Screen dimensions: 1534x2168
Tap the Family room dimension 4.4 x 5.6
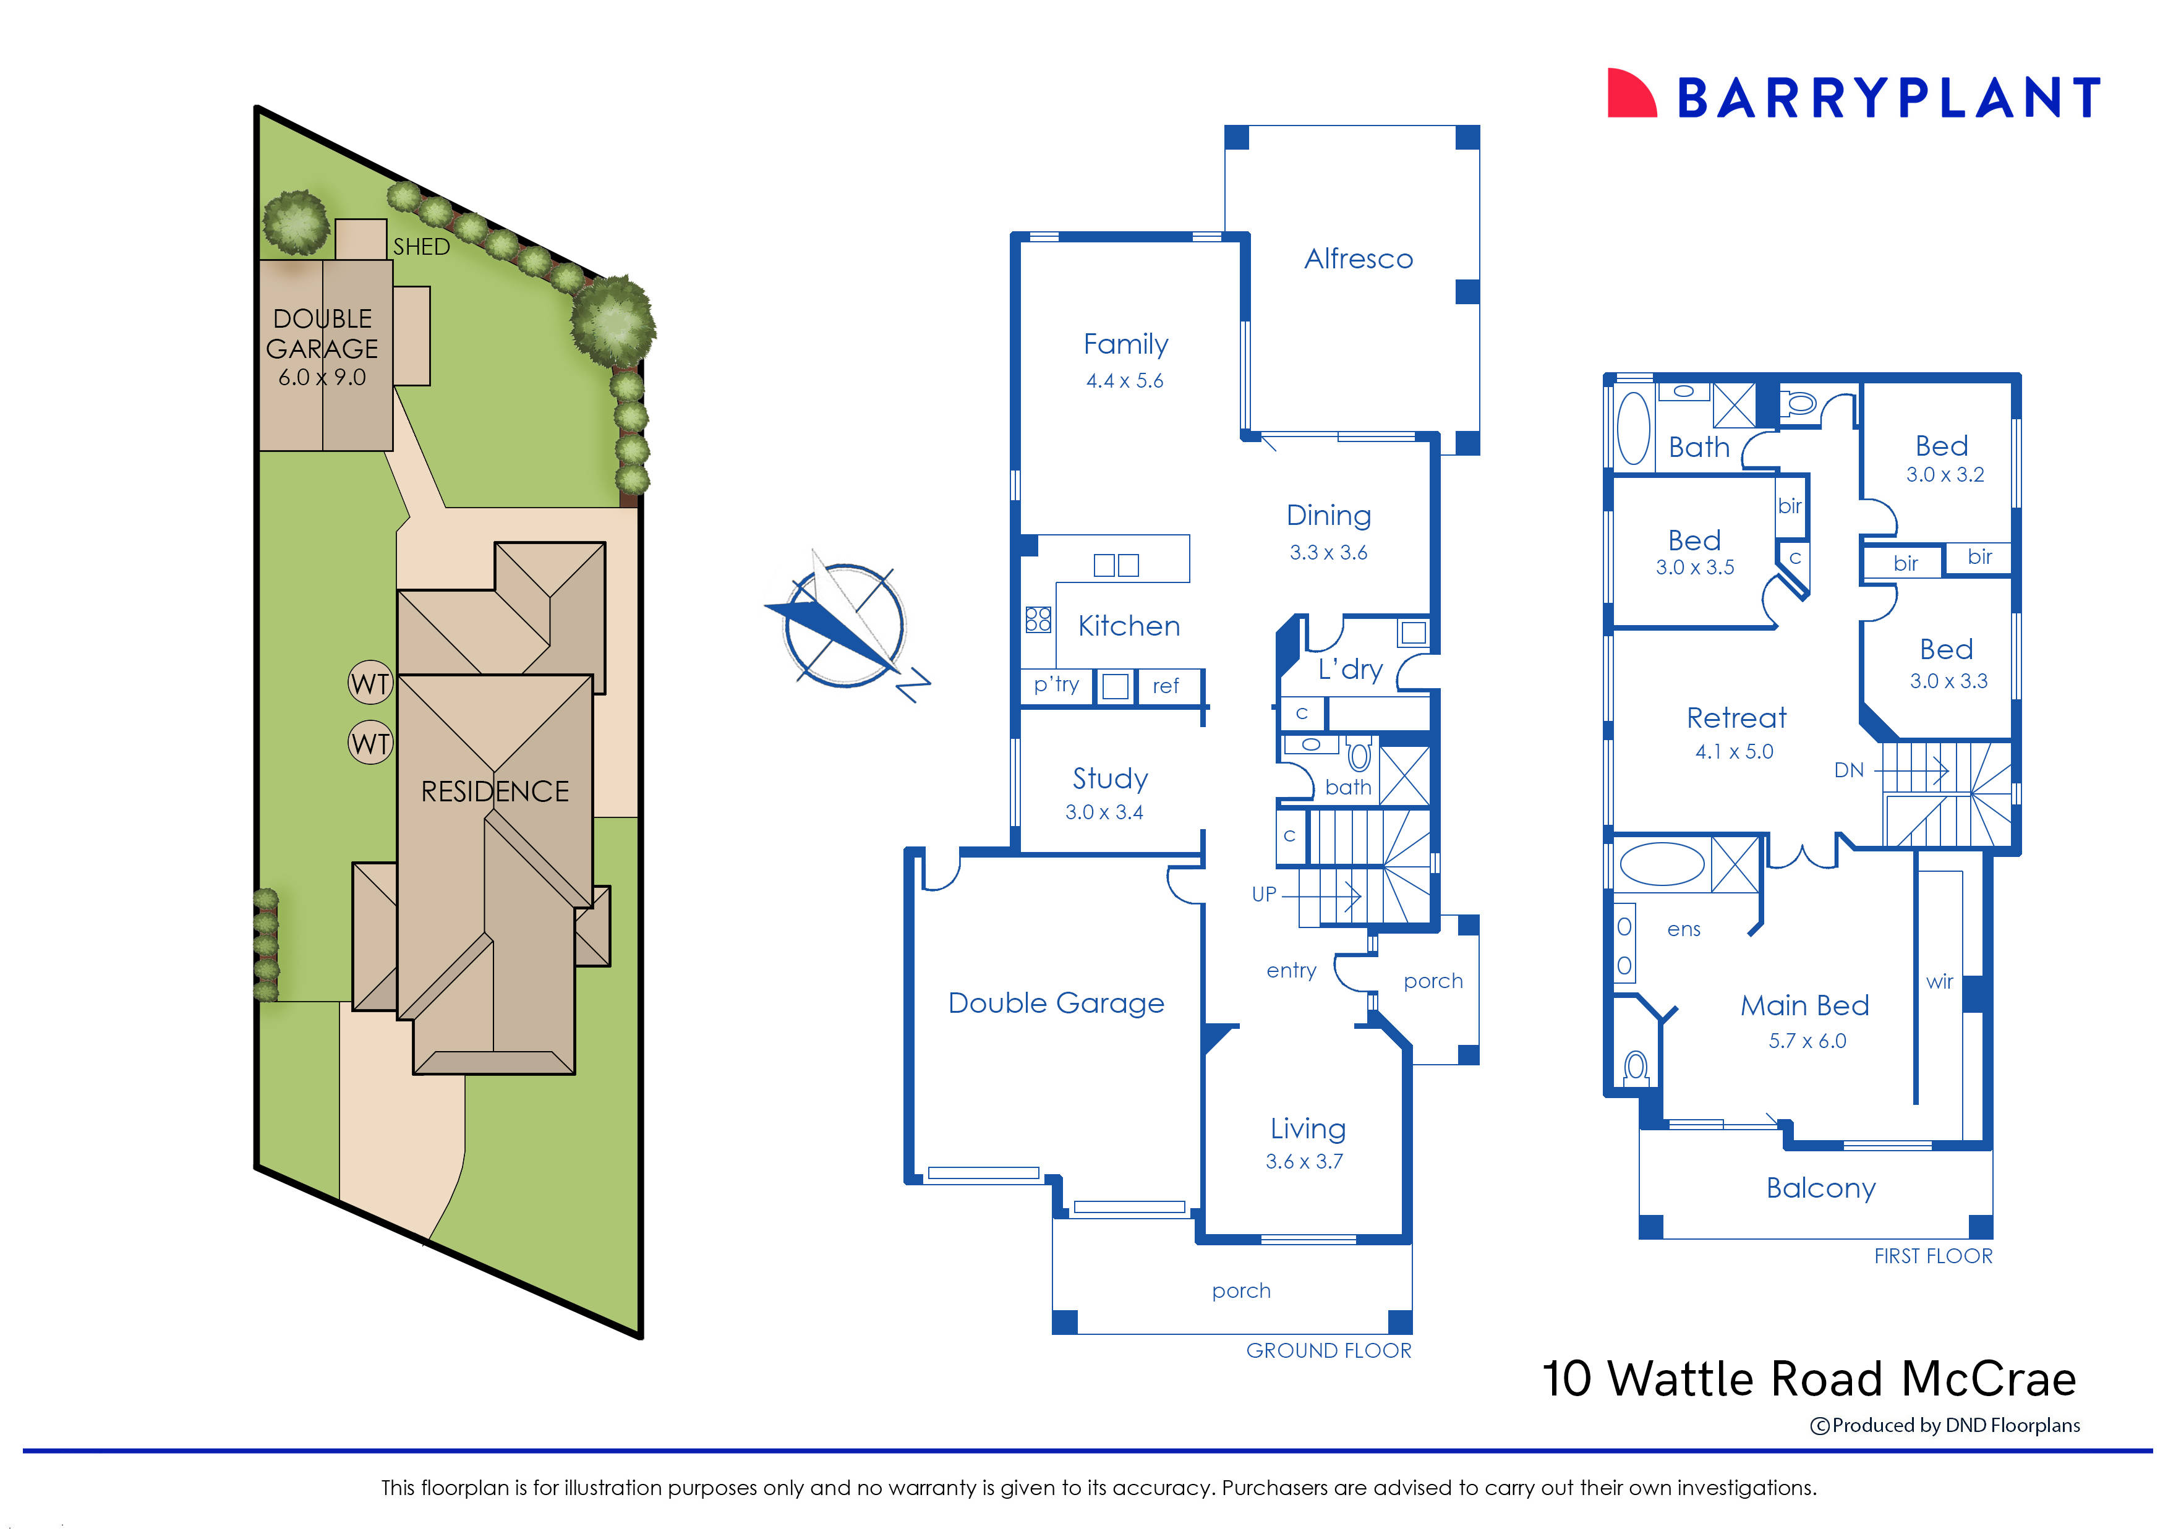tap(1124, 381)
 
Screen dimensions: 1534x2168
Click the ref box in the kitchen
tap(1166, 686)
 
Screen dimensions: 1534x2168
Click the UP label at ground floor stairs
tap(1263, 893)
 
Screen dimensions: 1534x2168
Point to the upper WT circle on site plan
tap(370, 683)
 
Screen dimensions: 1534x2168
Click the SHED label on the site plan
tap(421, 247)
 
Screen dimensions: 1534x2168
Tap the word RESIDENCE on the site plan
tap(495, 791)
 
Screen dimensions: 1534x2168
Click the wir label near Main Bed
tap(1939, 981)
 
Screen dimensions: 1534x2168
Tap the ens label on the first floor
tap(1683, 929)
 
